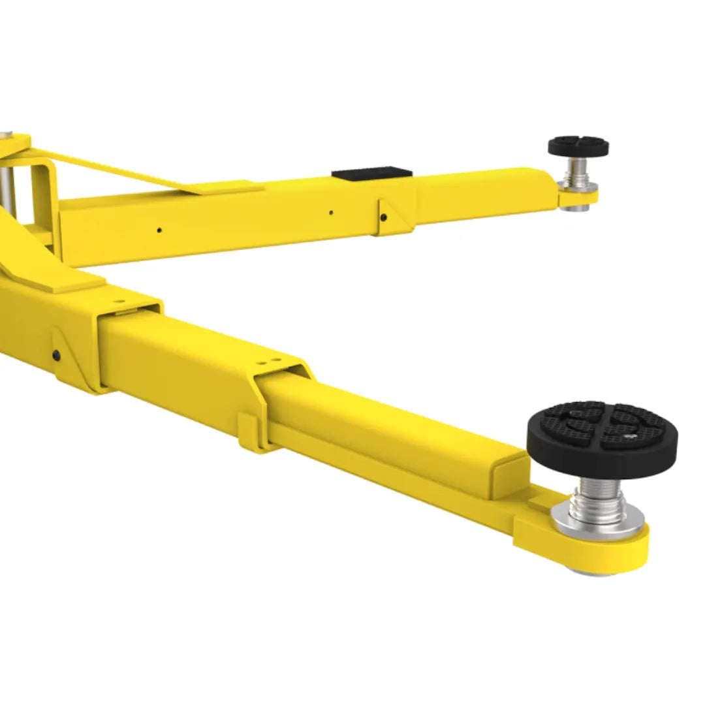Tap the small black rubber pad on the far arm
coord(578,146)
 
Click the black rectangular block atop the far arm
coord(371,174)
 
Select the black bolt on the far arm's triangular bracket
coord(384,217)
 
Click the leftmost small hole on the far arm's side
coord(159,230)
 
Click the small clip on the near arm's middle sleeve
coord(249,431)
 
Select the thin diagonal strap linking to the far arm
coord(117,169)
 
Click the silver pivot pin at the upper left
coord(7,177)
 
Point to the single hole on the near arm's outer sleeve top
coord(118,302)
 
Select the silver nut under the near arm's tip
coord(591,572)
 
